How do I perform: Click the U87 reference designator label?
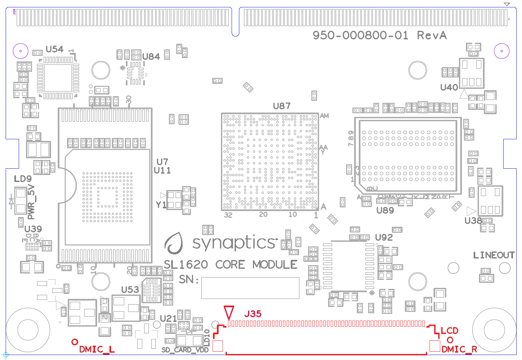[281, 106]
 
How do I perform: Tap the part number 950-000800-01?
[360, 35]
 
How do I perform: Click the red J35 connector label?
[253, 314]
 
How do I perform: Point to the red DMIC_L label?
[97, 349]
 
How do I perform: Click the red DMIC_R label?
[459, 349]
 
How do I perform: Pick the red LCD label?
[449, 331]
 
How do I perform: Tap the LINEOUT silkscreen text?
[494, 255]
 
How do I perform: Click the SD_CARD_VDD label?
[185, 350]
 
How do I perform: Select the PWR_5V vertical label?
[31, 202]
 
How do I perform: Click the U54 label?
[54, 49]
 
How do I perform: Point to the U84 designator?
[151, 57]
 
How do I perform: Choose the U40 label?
[449, 87]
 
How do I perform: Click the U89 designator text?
[385, 210]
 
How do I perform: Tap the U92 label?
[384, 237]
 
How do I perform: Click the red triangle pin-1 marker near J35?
[229, 312]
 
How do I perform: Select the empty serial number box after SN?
[250, 288]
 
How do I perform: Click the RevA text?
[432, 35]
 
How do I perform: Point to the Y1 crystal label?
[161, 205]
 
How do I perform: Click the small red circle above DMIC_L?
[75, 342]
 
